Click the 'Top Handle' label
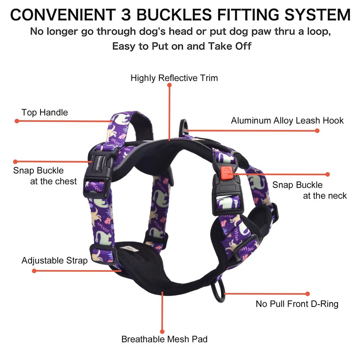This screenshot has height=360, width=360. [45, 112]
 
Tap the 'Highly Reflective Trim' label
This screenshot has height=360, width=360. [174, 78]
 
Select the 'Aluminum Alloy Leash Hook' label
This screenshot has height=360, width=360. [287, 120]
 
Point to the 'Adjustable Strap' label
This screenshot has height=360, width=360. [54, 261]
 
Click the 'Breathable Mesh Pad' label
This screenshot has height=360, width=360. [164, 339]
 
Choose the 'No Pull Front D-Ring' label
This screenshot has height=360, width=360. [297, 304]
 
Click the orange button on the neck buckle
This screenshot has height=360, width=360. [226, 172]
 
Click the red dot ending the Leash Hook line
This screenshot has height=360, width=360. [317, 130]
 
